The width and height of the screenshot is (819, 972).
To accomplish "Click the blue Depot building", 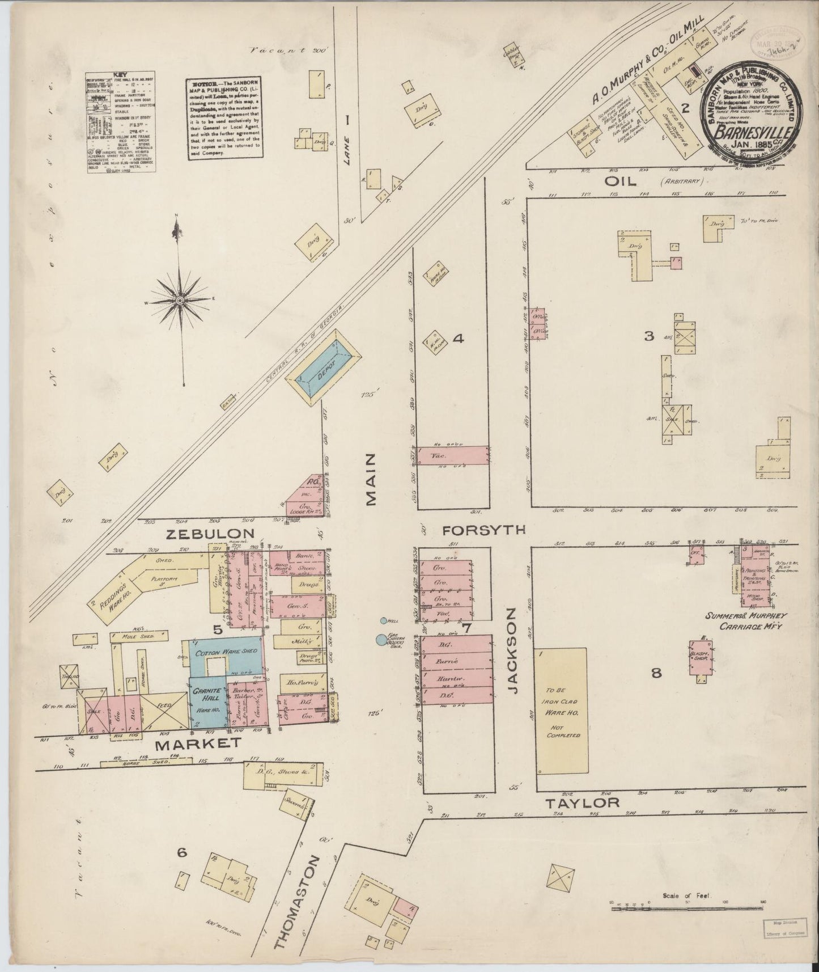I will [x=322, y=368].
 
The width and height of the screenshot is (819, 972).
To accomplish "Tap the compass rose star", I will [x=180, y=299].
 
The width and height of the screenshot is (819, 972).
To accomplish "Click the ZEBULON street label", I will [x=210, y=533].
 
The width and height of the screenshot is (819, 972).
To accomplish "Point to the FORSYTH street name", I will [x=483, y=530].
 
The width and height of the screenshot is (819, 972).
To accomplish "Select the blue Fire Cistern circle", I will [x=379, y=640].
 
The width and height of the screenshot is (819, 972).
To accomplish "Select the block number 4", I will [x=459, y=339].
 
